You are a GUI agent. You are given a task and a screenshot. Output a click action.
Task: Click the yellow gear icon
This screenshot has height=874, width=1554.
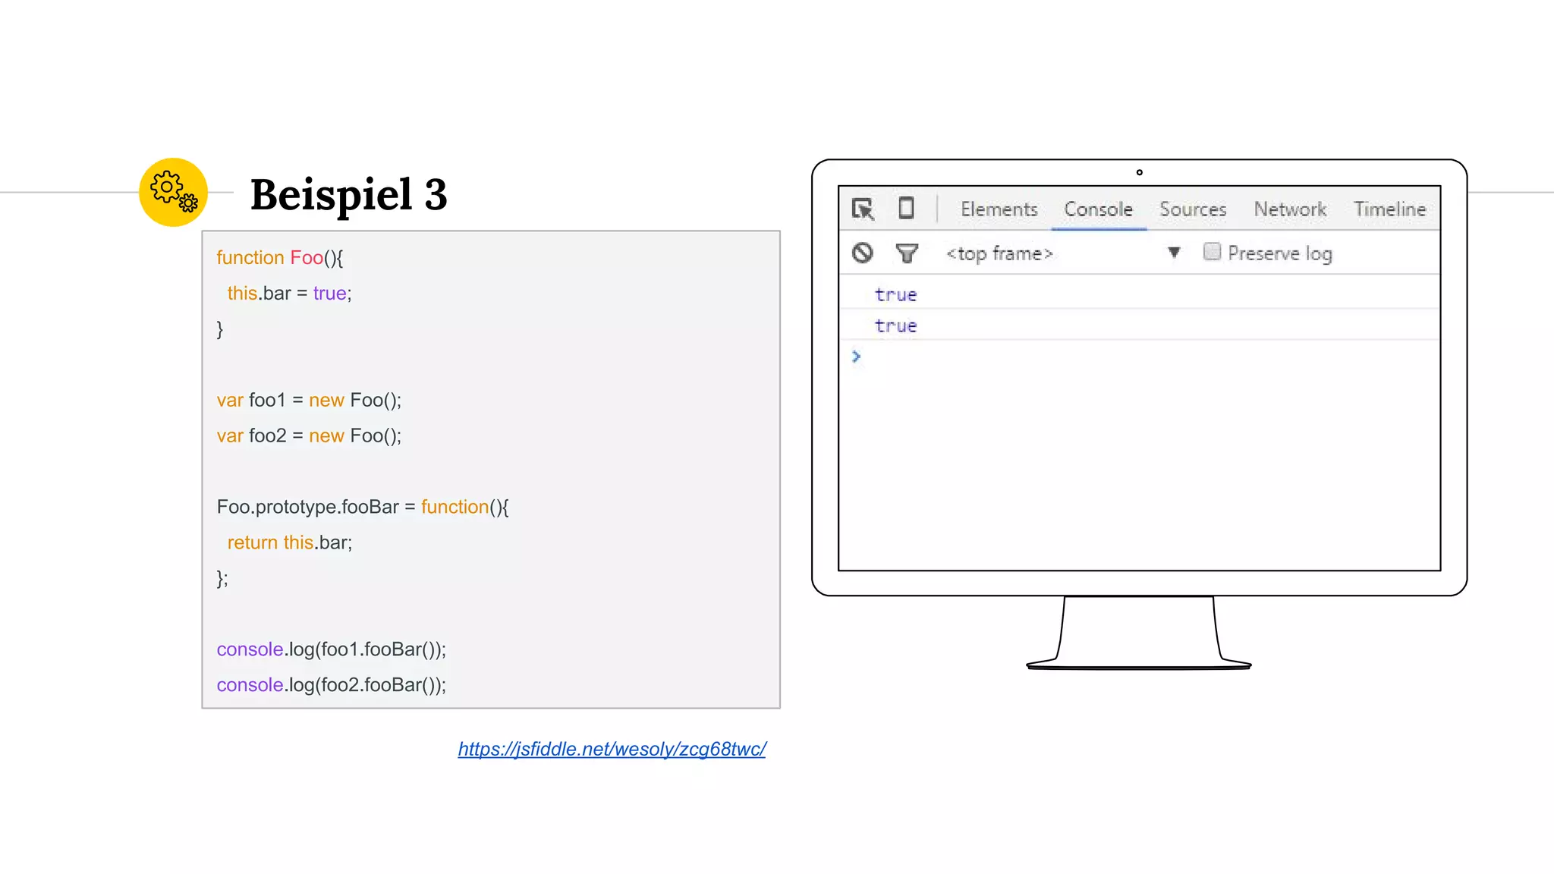173,192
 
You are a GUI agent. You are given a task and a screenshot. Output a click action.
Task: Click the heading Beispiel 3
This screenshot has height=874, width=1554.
348,194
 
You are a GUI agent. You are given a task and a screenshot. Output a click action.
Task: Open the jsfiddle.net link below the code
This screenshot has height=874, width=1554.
612,749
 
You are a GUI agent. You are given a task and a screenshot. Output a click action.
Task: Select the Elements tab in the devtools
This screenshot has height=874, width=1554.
999,209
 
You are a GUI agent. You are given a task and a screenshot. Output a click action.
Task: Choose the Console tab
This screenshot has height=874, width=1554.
1098,209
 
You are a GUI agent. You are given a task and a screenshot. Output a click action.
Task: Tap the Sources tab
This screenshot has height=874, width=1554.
1193,209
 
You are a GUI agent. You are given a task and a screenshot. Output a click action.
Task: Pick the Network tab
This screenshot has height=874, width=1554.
1290,209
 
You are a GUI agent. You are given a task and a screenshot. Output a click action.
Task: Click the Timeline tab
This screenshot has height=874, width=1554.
1389,209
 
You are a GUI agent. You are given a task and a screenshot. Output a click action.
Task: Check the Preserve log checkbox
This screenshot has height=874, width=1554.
1212,252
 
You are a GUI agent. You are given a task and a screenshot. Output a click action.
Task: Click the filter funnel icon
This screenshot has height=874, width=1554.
907,253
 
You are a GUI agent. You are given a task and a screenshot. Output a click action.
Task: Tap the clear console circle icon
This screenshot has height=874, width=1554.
863,253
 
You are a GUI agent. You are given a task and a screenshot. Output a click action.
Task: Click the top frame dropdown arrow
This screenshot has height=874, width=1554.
1174,253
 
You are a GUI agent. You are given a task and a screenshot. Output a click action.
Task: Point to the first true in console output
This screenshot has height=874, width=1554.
895,295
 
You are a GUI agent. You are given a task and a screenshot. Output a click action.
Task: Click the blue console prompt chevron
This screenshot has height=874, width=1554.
856,357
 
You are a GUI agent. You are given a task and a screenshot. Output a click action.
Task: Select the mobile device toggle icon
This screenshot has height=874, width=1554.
906,208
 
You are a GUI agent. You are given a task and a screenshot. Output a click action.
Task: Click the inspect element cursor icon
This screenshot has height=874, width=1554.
863,209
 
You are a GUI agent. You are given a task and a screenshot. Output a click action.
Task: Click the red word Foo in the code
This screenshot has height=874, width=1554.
307,258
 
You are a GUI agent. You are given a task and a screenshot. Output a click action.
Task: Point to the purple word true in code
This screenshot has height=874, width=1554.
329,294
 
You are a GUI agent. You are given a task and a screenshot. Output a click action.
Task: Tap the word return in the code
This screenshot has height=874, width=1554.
252,542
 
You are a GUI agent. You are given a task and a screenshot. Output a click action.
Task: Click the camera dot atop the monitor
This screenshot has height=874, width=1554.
1139,173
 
